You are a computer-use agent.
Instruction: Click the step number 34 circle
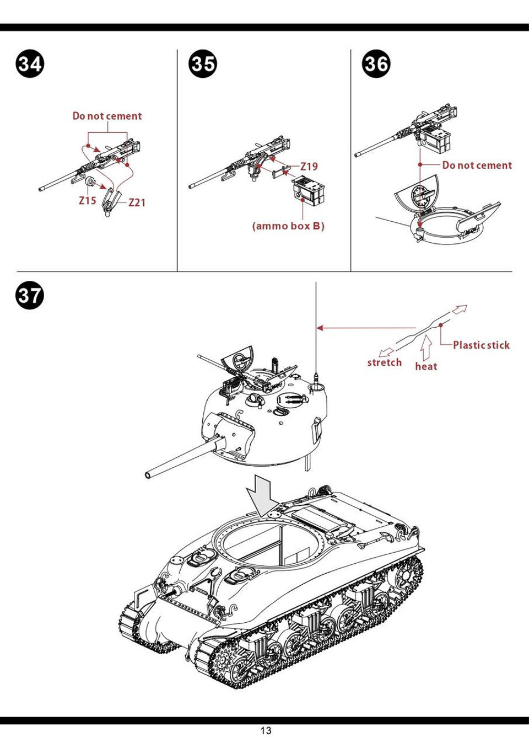pos(30,64)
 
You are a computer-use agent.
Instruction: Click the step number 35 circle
pos(203,64)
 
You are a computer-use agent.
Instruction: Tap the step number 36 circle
pos(376,64)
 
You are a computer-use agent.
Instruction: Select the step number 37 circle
pos(30,296)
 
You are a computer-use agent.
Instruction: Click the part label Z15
pos(88,200)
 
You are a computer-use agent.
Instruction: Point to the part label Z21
pos(137,202)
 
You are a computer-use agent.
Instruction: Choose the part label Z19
pos(309,166)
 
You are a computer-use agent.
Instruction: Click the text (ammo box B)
pos(288,226)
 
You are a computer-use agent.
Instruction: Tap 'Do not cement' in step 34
pos(107,116)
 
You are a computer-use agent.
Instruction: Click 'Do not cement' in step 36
pos(477,165)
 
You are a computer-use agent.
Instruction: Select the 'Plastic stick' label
pos(481,345)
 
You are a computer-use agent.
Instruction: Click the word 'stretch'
pos(385,362)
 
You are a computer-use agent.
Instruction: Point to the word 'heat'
pos(426,366)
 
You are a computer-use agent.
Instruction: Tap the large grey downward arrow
pos(262,496)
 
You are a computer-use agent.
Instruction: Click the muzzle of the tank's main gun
pos(148,475)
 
